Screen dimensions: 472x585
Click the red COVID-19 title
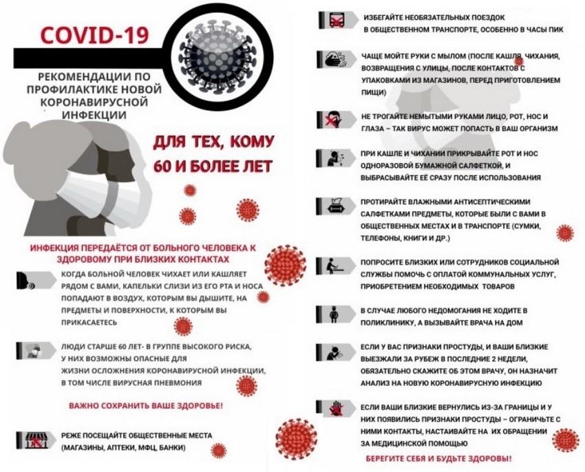click(x=94, y=34)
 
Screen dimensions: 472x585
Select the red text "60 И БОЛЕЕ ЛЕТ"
click(x=213, y=167)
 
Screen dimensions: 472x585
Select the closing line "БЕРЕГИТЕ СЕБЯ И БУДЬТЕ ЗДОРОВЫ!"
click(x=438, y=458)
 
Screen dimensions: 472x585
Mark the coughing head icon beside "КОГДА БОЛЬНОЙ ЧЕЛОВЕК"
click(x=30, y=281)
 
